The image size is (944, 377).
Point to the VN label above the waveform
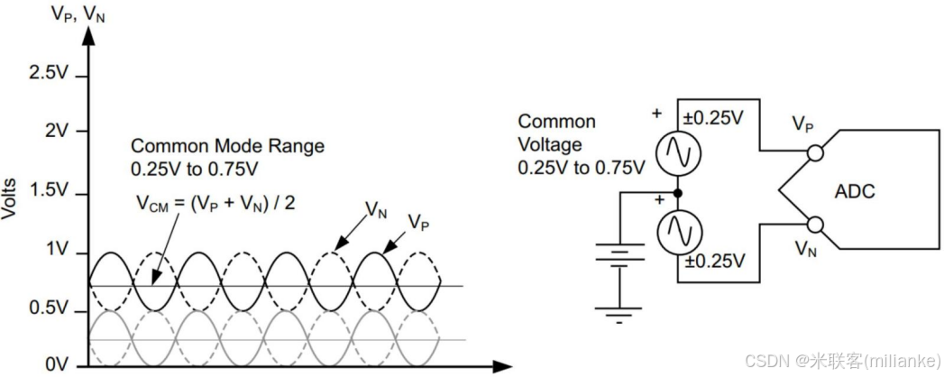coord(377,209)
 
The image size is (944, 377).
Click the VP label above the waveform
coord(418,222)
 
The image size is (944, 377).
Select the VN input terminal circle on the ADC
coord(814,223)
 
